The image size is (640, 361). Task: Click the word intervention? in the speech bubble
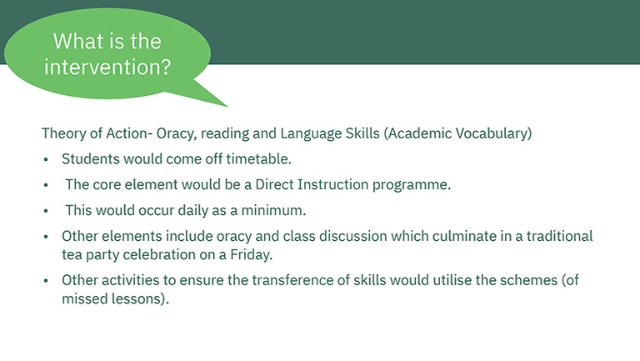pyautogui.click(x=107, y=67)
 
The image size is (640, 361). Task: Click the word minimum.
pyautogui.click(x=273, y=211)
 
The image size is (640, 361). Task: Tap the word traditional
pyautogui.click(x=560, y=237)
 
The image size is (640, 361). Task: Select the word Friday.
pyautogui.click(x=252, y=255)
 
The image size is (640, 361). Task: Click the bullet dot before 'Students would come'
pyautogui.click(x=46, y=160)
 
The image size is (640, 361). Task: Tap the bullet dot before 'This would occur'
pyautogui.click(x=46, y=211)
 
